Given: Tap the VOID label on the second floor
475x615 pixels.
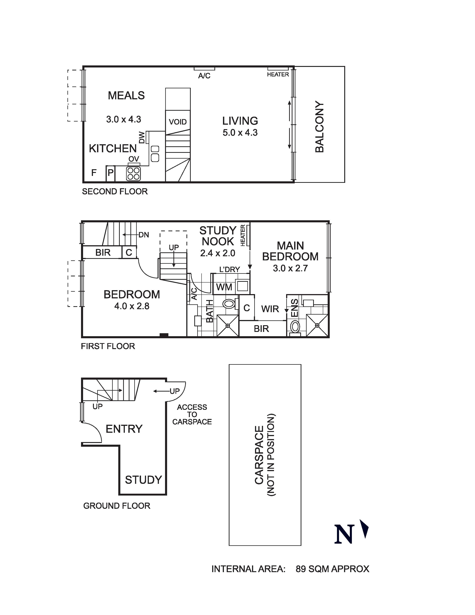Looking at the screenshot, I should (178, 122).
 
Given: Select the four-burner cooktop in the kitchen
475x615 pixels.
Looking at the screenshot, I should (133, 174).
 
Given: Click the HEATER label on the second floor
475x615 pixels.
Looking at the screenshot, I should (278, 74).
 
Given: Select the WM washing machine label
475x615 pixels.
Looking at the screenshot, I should (224, 287).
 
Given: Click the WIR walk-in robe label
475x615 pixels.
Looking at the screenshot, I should (270, 309).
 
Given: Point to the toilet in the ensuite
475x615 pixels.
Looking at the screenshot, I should (295, 327).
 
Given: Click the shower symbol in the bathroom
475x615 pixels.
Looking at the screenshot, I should (228, 326).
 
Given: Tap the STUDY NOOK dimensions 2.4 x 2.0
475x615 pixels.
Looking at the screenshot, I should (218, 253).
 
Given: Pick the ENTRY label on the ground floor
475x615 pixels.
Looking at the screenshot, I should (124, 429).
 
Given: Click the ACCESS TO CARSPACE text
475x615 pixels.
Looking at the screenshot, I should (192, 414).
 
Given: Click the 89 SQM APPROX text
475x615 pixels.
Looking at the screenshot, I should (332, 569).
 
